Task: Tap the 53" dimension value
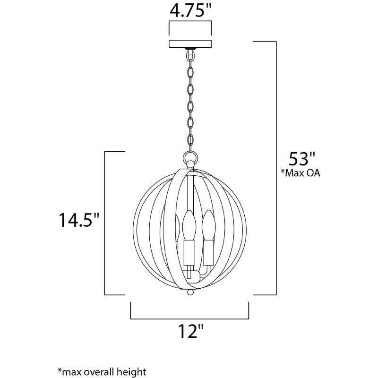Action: (x=302, y=159)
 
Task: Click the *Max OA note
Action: (x=301, y=173)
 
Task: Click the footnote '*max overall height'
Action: (x=102, y=371)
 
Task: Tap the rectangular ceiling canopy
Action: (x=190, y=44)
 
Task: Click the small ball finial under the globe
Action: (x=190, y=292)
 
